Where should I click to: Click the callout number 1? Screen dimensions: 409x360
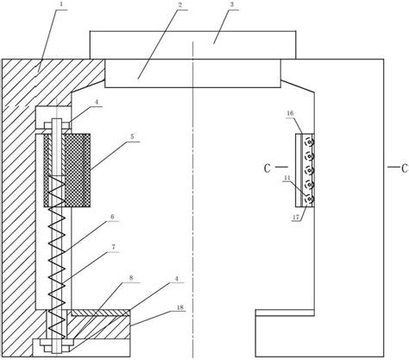62,4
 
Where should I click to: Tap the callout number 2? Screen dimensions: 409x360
180,4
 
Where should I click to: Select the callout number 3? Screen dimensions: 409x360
231,4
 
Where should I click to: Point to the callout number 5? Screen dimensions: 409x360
132,136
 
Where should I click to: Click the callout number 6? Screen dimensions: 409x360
112,217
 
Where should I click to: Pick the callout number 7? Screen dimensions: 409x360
113,247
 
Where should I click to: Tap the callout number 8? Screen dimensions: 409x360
131,278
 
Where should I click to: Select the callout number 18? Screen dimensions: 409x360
179,307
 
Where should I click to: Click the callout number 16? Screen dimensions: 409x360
290,113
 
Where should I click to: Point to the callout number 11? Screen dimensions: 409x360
287,178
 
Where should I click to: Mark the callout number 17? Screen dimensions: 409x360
296,217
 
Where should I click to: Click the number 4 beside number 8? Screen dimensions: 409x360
177,279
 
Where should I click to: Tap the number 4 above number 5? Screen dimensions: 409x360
97,102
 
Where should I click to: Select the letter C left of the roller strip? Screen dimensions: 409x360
267,168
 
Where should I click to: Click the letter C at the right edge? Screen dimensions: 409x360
406,168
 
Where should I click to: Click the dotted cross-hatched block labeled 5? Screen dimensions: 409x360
67,170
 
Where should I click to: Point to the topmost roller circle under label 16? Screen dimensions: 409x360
310,142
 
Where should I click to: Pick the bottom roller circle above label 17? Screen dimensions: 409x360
310,199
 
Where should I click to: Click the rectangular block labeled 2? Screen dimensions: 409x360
192,73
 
